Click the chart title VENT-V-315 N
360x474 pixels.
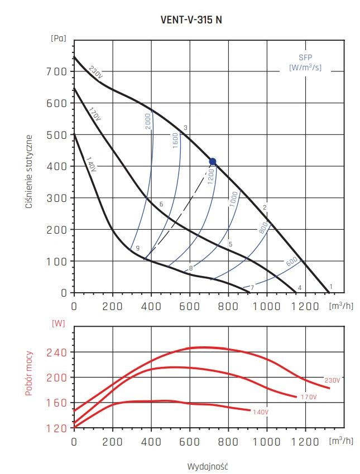coord(191,19)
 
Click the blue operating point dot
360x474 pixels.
coord(212,162)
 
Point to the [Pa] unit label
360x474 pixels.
coord(58,38)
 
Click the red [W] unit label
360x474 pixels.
coord(58,323)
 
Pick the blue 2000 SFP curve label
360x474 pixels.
coord(148,121)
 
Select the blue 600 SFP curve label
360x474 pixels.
coord(291,260)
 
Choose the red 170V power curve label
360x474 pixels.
coord(308,397)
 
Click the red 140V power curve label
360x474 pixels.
coord(260,412)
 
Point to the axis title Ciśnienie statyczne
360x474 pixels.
coord(28,171)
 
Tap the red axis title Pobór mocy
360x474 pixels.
coord(28,373)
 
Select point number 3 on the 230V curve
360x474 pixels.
coord(185,128)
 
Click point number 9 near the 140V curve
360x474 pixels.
coord(137,248)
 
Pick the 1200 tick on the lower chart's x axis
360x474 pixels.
coord(305,441)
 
